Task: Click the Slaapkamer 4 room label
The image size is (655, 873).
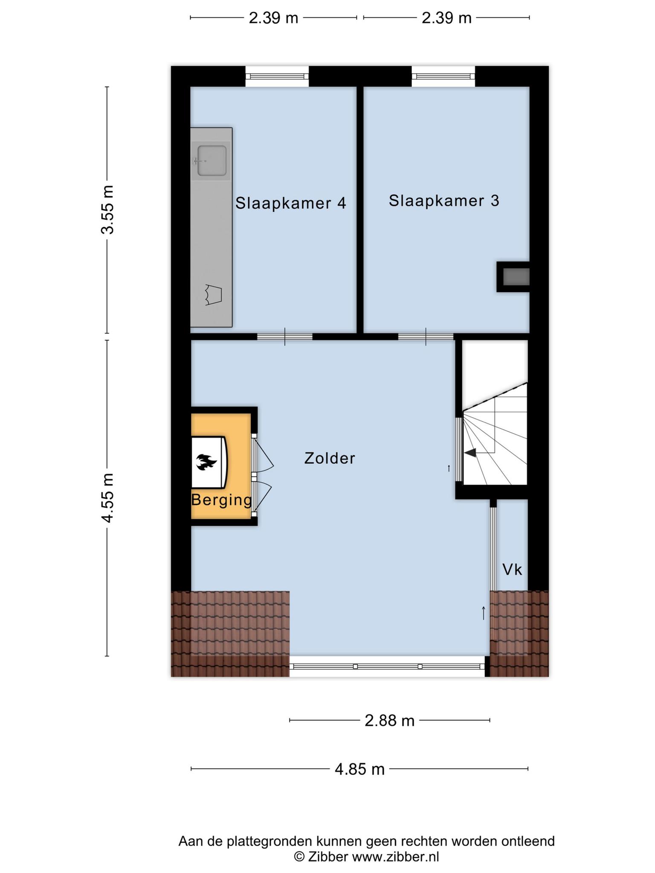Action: click(x=291, y=203)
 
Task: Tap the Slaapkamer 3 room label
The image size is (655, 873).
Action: click(x=444, y=201)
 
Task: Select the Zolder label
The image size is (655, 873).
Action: click(x=330, y=458)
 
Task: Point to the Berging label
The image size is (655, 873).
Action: click(x=222, y=500)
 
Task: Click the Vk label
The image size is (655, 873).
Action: click(x=512, y=569)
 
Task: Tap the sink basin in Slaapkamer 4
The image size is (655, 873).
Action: click(x=212, y=161)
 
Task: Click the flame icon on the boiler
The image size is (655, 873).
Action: click(x=207, y=462)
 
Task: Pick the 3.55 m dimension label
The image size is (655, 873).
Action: click(x=108, y=210)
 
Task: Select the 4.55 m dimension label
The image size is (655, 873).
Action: click(x=108, y=497)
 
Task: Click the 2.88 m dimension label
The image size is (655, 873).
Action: click(x=390, y=720)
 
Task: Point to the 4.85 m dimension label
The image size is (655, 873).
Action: click(x=360, y=769)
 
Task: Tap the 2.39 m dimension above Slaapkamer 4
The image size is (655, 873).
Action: click(x=273, y=18)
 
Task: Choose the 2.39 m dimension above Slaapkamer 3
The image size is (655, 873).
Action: click(x=446, y=18)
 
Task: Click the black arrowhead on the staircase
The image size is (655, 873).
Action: click(x=470, y=453)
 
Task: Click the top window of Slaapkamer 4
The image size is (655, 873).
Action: click(x=277, y=76)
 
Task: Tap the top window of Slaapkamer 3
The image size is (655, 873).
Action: click(x=443, y=76)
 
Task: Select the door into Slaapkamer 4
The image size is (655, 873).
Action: click(x=285, y=336)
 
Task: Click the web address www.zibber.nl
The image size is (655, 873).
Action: click(x=395, y=856)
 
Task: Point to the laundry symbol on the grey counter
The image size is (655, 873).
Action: click(x=213, y=295)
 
